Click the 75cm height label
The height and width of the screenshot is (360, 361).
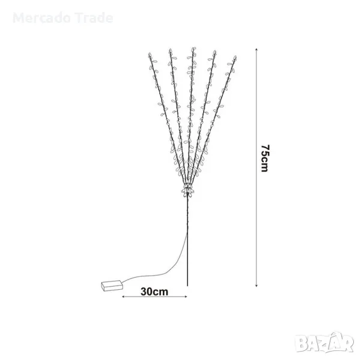(x=265, y=158)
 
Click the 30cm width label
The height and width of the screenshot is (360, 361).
(x=154, y=292)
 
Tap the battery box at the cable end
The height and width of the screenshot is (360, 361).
(x=112, y=286)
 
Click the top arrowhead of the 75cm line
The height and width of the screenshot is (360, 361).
(x=256, y=49)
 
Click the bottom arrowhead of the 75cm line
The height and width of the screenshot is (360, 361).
(x=256, y=286)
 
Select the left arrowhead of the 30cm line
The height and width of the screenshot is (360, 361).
(x=123, y=297)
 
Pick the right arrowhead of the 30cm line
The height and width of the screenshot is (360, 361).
(x=186, y=297)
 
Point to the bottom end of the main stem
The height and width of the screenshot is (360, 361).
(x=187, y=286)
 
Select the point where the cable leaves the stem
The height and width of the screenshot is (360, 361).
(x=187, y=232)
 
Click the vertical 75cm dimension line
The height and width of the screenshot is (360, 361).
(x=256, y=167)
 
